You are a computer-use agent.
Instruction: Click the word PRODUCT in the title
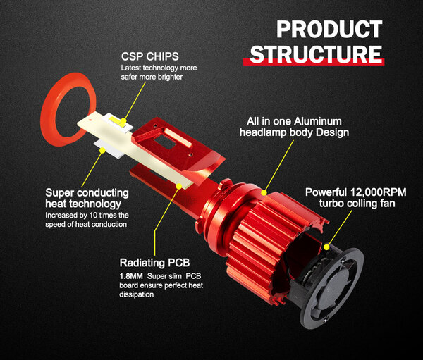(x=329, y=29)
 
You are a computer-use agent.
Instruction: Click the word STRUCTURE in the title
(x=316, y=54)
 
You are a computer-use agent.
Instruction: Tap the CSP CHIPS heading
(x=149, y=56)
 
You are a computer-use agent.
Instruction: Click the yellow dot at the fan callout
(x=326, y=247)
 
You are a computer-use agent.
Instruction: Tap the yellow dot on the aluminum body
(x=264, y=192)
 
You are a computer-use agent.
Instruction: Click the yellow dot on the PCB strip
(x=179, y=186)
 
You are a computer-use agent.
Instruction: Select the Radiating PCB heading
(x=154, y=263)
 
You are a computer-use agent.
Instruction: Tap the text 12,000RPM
(x=378, y=192)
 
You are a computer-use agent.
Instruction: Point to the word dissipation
(x=137, y=294)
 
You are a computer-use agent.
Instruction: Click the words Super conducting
(x=87, y=193)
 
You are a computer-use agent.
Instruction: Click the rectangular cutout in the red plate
(x=165, y=142)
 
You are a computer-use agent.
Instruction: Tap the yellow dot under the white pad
(x=102, y=151)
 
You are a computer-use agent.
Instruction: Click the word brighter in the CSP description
(x=170, y=77)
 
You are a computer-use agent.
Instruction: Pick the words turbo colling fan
(x=357, y=204)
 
